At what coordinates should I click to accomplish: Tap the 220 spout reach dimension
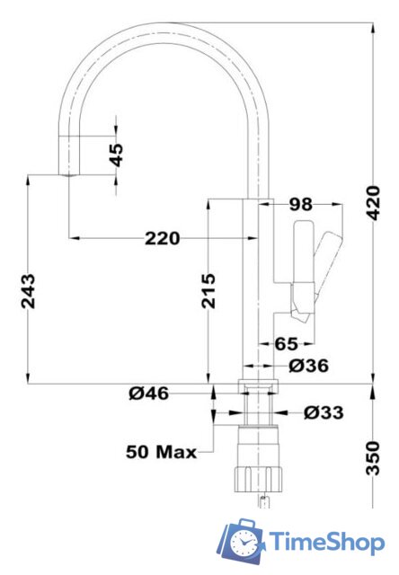click(163, 238)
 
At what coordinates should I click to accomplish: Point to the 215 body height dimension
click(208, 290)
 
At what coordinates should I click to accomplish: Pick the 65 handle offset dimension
click(286, 343)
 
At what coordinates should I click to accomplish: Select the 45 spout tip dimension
click(116, 154)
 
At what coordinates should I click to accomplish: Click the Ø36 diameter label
click(308, 366)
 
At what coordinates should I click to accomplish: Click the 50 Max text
click(162, 451)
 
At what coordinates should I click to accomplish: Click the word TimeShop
click(326, 541)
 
